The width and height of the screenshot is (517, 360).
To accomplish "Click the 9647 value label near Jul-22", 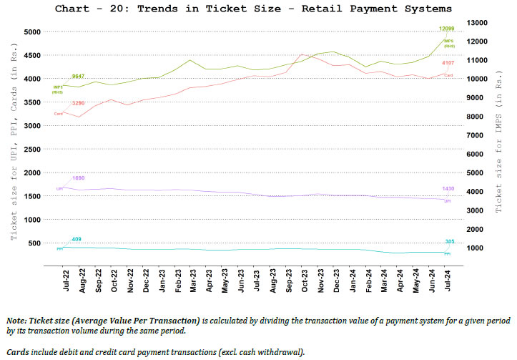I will pos(79,76).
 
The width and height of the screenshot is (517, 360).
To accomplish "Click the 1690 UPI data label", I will pos(79,177).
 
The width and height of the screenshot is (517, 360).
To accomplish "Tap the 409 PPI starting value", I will pos(77,239).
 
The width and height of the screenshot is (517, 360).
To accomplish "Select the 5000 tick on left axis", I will pos(31,32).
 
